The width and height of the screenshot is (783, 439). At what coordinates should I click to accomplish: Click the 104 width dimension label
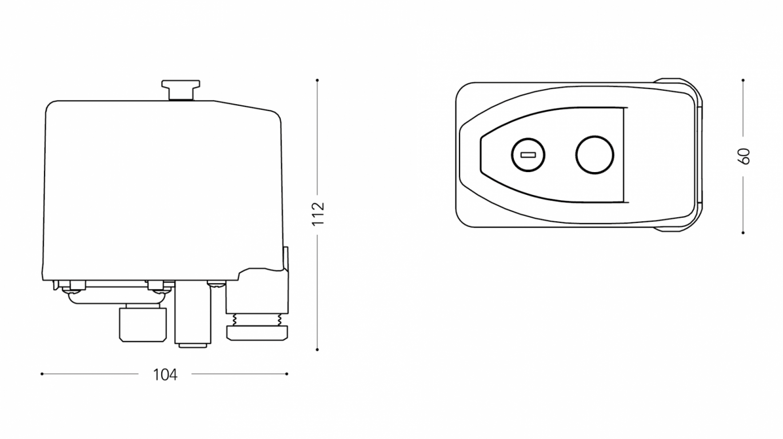tap(165, 374)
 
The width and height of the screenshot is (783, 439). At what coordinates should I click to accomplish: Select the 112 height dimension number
tap(318, 214)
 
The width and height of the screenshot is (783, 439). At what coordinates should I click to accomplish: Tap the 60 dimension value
tap(744, 157)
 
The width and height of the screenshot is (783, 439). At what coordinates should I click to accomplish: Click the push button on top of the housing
tap(181, 90)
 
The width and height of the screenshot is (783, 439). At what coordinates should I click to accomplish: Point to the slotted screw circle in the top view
tap(528, 155)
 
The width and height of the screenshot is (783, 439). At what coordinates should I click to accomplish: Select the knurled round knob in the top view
tap(594, 155)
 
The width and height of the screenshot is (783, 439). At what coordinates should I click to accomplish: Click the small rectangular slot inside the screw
tap(528, 155)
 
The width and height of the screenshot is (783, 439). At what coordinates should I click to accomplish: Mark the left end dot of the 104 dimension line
tap(42, 374)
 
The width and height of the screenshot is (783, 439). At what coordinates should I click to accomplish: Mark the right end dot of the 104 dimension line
tap(287, 374)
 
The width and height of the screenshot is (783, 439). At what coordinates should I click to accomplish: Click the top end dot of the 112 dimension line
tap(317, 81)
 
